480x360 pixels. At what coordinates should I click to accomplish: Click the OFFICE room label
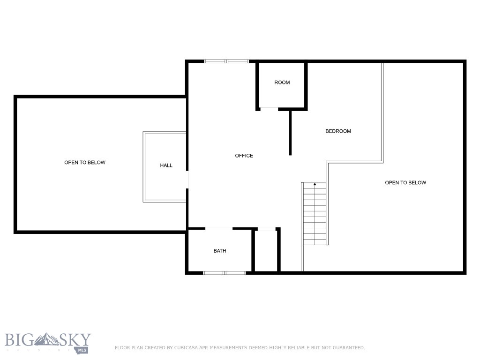pyautogui.click(x=244, y=156)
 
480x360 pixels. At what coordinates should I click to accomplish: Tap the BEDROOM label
pyautogui.click(x=338, y=131)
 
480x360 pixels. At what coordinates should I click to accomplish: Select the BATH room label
pyautogui.click(x=220, y=251)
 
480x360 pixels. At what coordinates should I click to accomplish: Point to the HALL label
pyautogui.click(x=166, y=165)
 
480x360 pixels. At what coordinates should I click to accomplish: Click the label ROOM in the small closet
pyautogui.click(x=282, y=82)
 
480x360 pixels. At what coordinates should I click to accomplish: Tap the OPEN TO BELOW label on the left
pyautogui.click(x=85, y=163)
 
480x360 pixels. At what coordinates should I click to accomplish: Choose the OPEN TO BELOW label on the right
pyautogui.click(x=405, y=183)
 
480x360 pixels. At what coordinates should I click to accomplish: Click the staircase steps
pyautogui.click(x=315, y=216)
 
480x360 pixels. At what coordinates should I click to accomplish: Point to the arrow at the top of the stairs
pyautogui.click(x=315, y=184)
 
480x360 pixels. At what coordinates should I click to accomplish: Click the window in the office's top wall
pyautogui.click(x=226, y=61)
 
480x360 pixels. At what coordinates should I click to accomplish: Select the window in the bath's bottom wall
pyautogui.click(x=225, y=272)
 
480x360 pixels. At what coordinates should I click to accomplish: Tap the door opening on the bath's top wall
pyautogui.click(x=219, y=229)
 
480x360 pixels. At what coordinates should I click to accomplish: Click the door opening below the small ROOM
pyautogui.click(x=269, y=109)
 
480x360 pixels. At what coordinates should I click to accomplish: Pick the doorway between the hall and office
pyautogui.click(x=187, y=180)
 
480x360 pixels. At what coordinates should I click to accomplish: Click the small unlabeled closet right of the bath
pyautogui.click(x=266, y=251)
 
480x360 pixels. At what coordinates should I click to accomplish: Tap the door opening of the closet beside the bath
pyautogui.click(x=266, y=229)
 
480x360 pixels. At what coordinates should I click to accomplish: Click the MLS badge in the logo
pyautogui.click(x=83, y=349)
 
